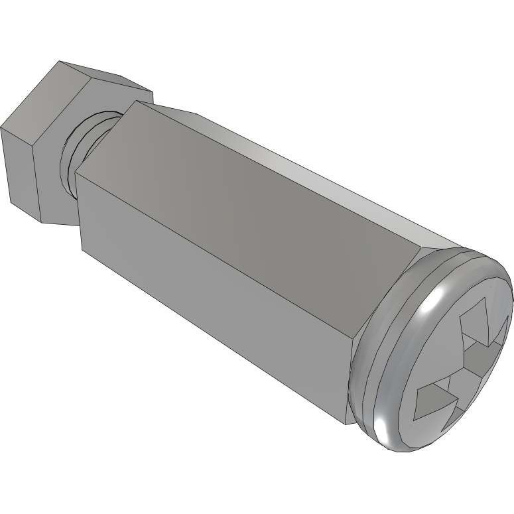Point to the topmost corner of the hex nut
tap(60, 62)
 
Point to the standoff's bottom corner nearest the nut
tap(82, 251)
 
